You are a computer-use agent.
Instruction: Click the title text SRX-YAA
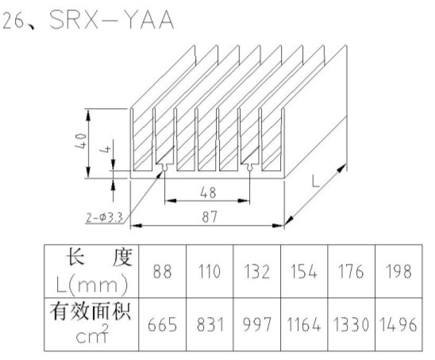[111, 20]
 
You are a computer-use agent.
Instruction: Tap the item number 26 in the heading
[13, 20]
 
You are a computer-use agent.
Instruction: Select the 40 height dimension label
[81, 141]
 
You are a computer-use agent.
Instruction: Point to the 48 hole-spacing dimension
[208, 192]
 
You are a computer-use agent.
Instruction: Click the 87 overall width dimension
[210, 217]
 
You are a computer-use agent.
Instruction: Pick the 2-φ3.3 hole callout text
[104, 217]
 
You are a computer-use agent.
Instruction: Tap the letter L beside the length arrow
[315, 180]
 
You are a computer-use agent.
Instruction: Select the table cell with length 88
[162, 271]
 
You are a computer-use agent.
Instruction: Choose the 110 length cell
[210, 271]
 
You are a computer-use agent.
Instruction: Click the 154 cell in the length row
[304, 271]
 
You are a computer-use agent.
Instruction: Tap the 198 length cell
[398, 271]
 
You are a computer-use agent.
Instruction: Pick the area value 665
[162, 324]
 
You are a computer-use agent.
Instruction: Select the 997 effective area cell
[257, 324]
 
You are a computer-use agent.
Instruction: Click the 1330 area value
[351, 324]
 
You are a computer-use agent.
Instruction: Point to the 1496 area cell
[398, 324]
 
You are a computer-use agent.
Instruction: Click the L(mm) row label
[92, 285]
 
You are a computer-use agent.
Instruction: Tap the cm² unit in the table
[92, 335]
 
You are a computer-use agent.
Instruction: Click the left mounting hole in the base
[164, 167]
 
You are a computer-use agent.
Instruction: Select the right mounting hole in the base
[250, 167]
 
